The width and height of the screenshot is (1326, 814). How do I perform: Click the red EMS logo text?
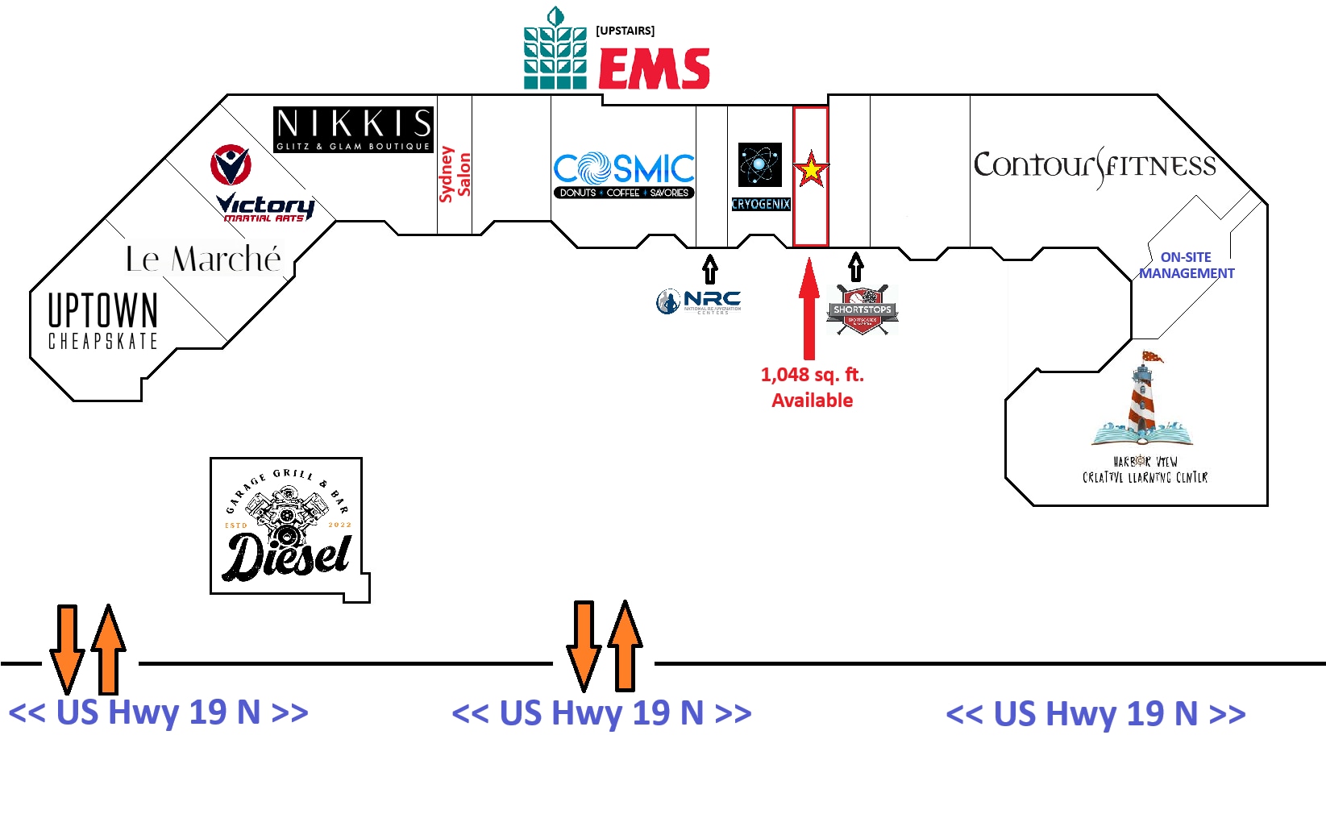click(x=654, y=69)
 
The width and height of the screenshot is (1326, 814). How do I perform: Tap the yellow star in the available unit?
click(x=811, y=170)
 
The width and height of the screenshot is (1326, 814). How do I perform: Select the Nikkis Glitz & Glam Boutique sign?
click(x=353, y=129)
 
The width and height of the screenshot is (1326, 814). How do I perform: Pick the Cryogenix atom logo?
click(x=760, y=165)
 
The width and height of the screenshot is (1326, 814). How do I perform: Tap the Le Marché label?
click(x=203, y=259)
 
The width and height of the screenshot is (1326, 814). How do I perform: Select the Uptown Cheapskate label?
click(x=102, y=320)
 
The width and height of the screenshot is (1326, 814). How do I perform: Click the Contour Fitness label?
click(x=1095, y=166)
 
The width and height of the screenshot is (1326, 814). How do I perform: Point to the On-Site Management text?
click(x=1186, y=265)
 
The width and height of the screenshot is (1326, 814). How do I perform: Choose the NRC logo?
click(x=699, y=301)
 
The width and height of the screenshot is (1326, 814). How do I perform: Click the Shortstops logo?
click(x=862, y=310)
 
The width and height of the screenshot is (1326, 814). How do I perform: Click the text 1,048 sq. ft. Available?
click(x=812, y=388)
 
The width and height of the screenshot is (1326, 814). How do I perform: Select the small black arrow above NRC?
click(x=709, y=268)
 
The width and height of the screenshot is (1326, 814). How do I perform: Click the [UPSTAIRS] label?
click(x=625, y=31)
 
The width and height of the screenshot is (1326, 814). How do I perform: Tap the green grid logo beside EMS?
click(x=555, y=50)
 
